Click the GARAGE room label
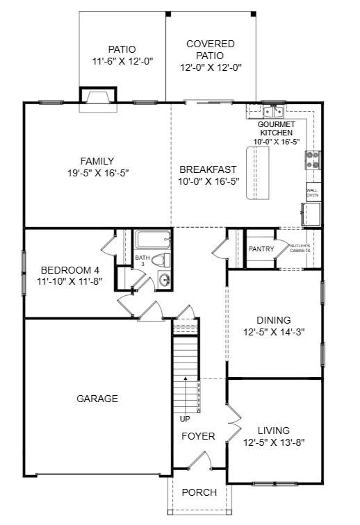click(x=97, y=399)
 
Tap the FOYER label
click(x=198, y=436)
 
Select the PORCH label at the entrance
click(x=199, y=492)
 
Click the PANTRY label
click(x=261, y=249)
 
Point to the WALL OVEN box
click(x=313, y=192)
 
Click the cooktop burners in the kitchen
click(x=313, y=160)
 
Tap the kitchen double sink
click(x=274, y=111)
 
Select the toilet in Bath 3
click(x=161, y=260)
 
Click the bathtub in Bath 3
click(x=153, y=239)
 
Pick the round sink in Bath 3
click(x=164, y=280)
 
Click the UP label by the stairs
click(x=185, y=419)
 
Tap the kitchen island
click(x=258, y=173)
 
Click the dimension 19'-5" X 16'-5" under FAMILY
click(x=98, y=173)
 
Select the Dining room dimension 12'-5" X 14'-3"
click(x=274, y=332)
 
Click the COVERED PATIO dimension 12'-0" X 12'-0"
click(x=211, y=67)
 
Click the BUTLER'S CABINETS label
click(x=300, y=248)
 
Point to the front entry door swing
click(x=199, y=460)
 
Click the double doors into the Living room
click(x=234, y=423)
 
